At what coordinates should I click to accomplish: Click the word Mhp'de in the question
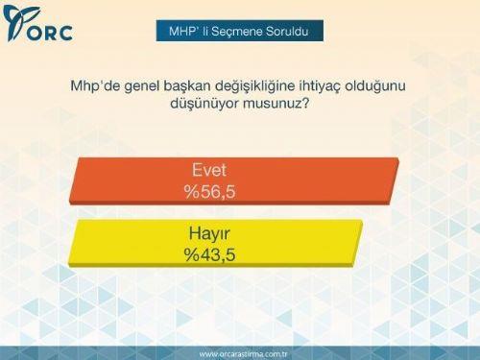tap(95, 86)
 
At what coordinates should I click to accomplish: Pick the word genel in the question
tap(147, 86)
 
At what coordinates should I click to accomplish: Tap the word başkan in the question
tap(197, 86)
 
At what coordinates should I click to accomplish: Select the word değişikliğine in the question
tap(271, 86)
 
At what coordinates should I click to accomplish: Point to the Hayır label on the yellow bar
tap(209, 234)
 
